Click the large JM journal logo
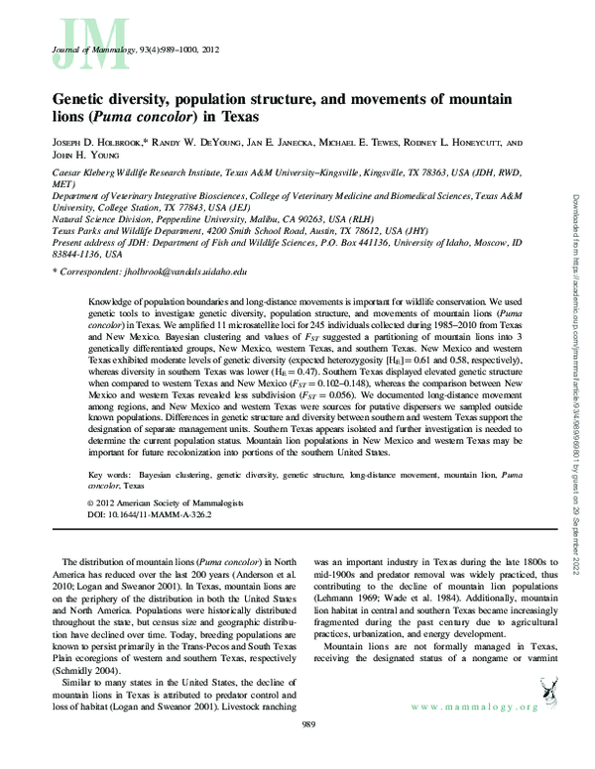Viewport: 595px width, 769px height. coord(78,40)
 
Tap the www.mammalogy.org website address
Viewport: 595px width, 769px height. coord(474,707)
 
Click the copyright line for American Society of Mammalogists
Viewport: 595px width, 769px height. coord(150,504)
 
